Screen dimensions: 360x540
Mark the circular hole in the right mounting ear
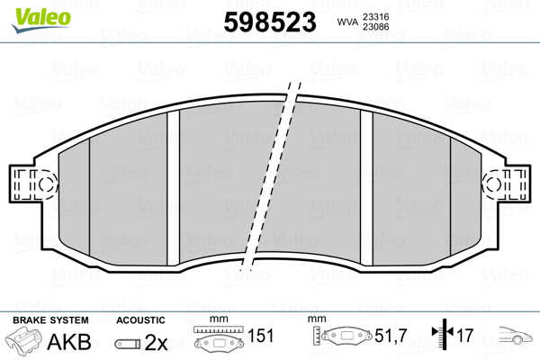(493, 184)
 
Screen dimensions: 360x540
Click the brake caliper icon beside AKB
(25, 342)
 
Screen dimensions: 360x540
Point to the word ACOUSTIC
(140, 319)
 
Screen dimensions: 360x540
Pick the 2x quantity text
(157, 342)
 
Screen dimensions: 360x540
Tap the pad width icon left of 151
(219, 340)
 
